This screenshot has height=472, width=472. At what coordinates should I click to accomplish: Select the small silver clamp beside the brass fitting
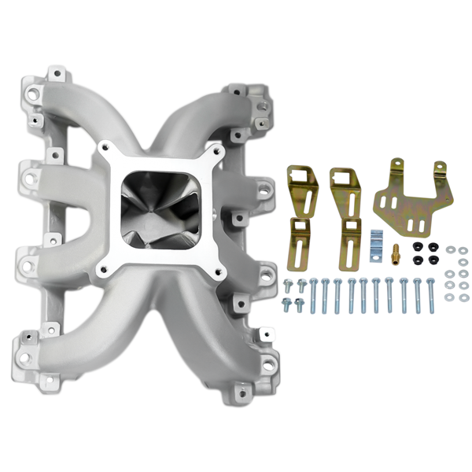376,238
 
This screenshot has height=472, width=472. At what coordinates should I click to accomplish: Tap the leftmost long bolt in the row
313,294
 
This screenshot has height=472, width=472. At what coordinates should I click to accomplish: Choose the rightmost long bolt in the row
430,295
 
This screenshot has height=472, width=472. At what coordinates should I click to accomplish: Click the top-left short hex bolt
288,284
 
